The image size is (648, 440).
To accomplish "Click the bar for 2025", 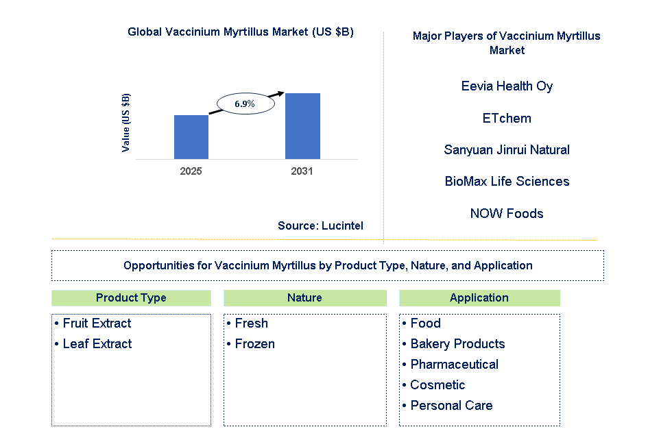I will [x=191, y=136].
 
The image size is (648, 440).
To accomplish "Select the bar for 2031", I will [x=302, y=125].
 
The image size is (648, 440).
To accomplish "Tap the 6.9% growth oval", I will [x=245, y=104].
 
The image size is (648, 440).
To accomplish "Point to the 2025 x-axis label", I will [x=191, y=171].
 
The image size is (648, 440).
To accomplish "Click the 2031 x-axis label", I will [x=302, y=171].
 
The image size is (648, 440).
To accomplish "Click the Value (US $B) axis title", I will [x=125, y=123].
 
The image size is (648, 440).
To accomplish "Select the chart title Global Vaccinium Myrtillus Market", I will [x=241, y=32].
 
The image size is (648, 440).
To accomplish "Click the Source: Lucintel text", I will [x=320, y=225].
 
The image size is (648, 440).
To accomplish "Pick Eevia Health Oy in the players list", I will [x=507, y=86].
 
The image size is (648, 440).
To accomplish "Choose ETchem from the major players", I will [x=507, y=119].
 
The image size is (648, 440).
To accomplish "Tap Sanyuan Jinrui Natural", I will [x=507, y=150].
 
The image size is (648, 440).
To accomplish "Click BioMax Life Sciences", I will [x=507, y=182].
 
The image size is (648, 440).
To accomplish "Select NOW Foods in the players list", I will [x=507, y=214].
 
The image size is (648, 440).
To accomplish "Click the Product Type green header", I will [x=131, y=298].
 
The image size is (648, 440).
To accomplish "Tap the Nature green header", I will [x=304, y=298].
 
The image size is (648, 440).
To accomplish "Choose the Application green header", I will [x=479, y=298].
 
